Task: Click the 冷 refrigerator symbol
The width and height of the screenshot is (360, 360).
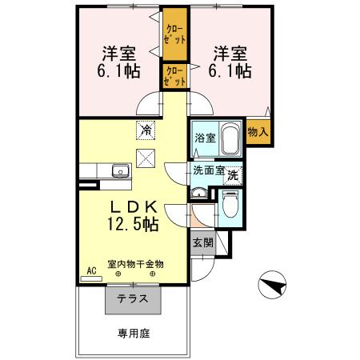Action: pos(146,128)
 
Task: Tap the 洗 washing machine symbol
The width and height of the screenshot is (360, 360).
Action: pos(232,174)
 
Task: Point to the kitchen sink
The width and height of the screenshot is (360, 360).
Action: pos(121,170)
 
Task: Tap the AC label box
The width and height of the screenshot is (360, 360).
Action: pos(91,270)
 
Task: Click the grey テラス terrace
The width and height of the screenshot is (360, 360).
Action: pos(133,298)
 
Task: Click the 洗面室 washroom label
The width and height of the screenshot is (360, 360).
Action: pos(208,170)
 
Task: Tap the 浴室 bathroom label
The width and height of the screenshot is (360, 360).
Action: pos(205,138)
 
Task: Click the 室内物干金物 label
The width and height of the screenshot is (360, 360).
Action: pos(136,263)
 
